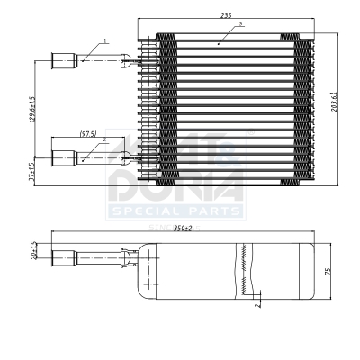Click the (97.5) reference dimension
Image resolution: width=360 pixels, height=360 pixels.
87,134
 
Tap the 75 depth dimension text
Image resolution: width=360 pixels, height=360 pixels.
328,270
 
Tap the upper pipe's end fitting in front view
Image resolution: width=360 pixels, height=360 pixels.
64,62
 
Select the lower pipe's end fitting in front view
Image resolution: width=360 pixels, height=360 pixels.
64,159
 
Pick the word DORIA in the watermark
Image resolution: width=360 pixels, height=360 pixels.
175,188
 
